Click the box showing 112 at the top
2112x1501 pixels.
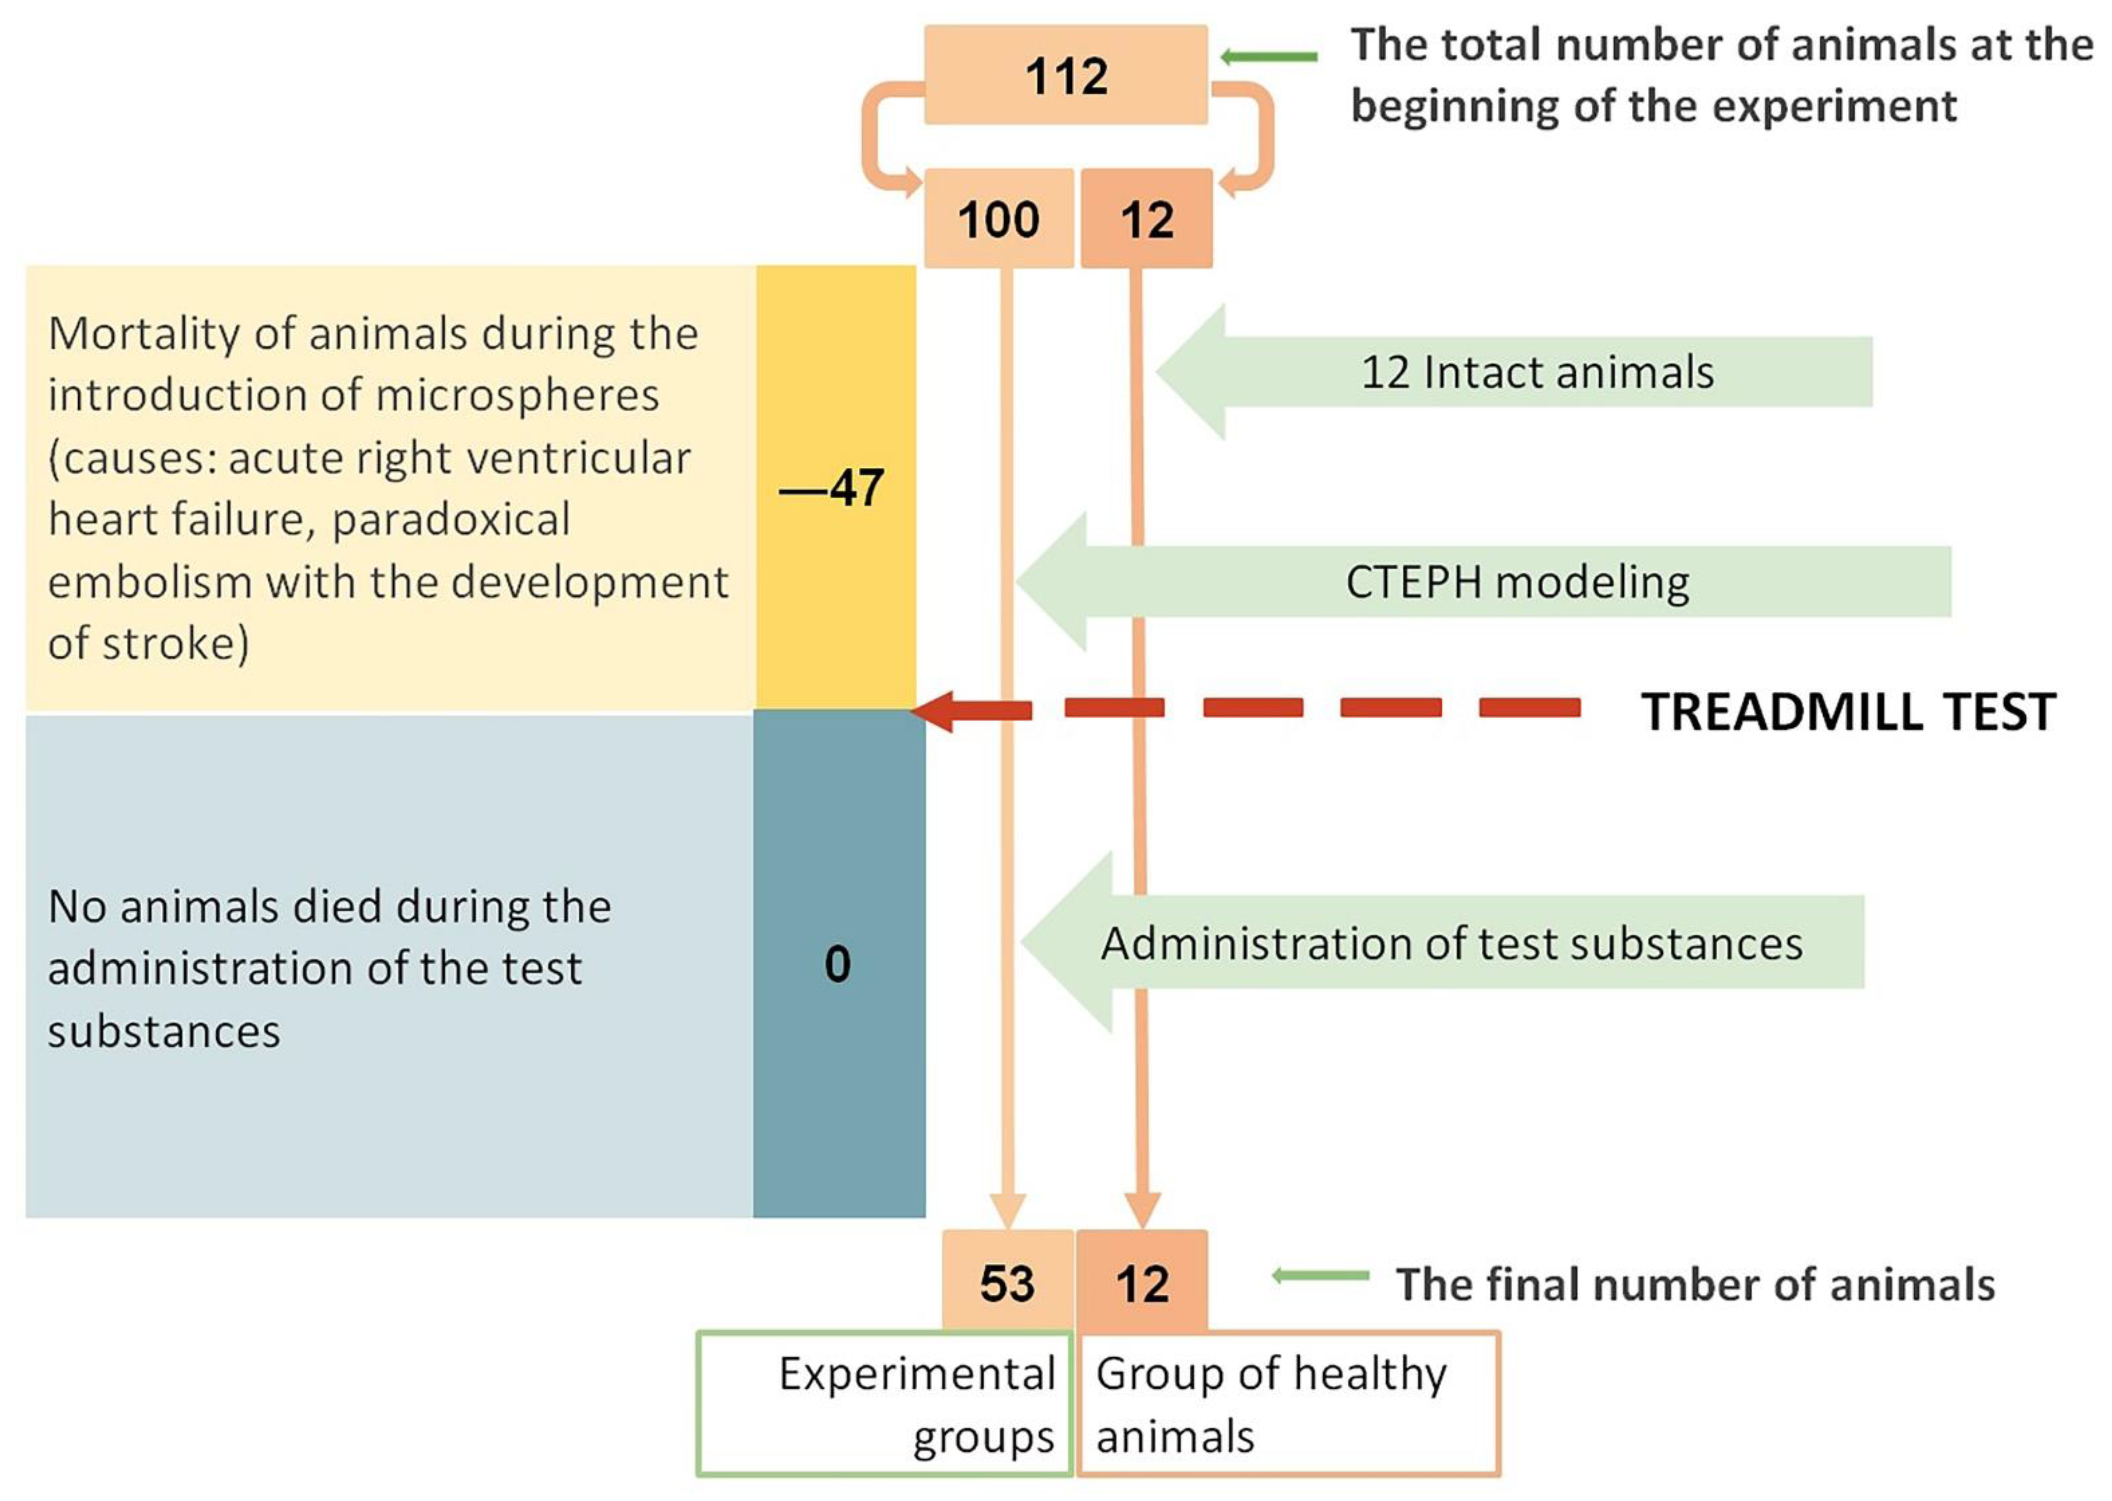[x=1065, y=75]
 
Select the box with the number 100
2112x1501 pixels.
[x=999, y=219]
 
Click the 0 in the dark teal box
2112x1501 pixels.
[x=837, y=964]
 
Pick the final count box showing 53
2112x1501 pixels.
[x=1007, y=1283]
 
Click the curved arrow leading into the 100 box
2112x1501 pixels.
[x=882, y=139]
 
